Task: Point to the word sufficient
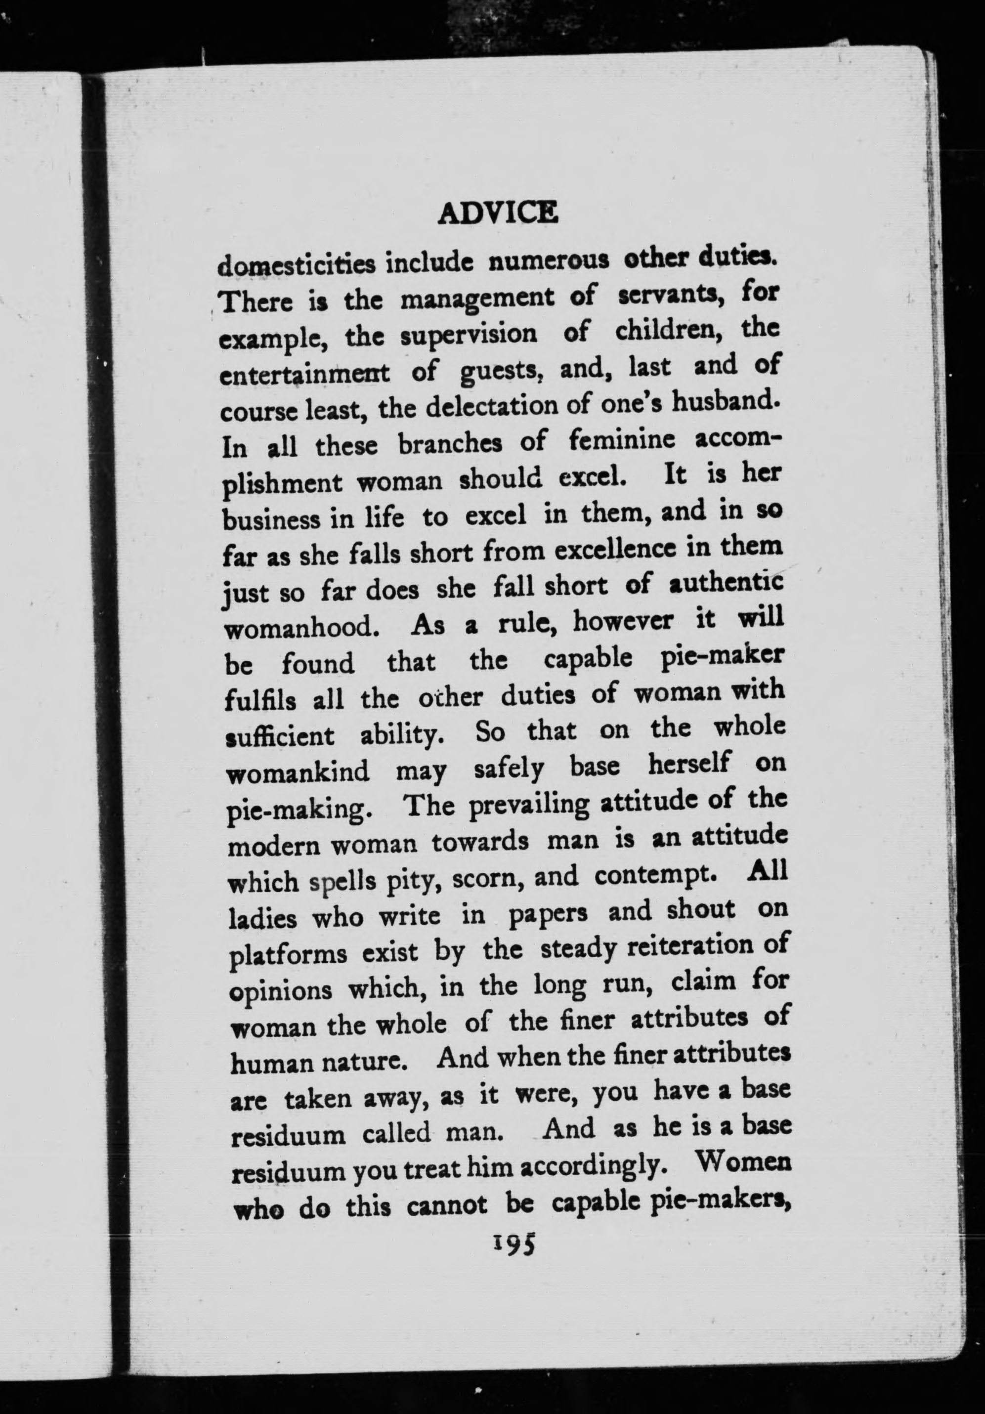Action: (x=280, y=735)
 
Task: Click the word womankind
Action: (x=298, y=771)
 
